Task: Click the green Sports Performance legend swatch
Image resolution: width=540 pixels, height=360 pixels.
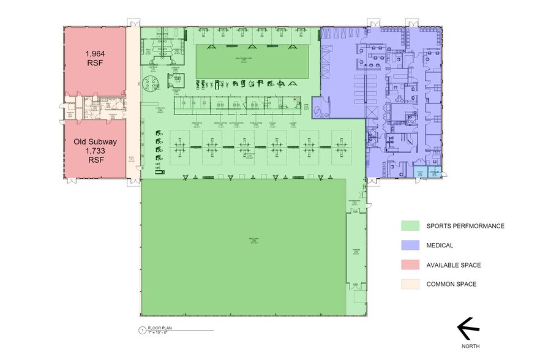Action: [x=410, y=226]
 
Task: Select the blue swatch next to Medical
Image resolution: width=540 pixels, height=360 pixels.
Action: [x=410, y=246]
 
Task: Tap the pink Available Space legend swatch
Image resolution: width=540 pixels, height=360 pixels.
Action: [x=410, y=265]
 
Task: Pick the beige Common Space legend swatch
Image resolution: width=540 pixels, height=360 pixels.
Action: [x=410, y=284]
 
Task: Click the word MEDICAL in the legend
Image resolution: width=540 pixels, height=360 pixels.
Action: [x=440, y=246]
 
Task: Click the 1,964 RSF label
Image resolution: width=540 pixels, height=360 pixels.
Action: [x=96, y=58]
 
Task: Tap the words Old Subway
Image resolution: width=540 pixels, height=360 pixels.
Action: [x=96, y=141]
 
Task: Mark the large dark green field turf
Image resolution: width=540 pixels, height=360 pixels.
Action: [x=243, y=246]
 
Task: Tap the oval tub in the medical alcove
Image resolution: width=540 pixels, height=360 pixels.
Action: [x=321, y=110]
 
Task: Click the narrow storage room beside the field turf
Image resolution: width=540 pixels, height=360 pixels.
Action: [x=356, y=251]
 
